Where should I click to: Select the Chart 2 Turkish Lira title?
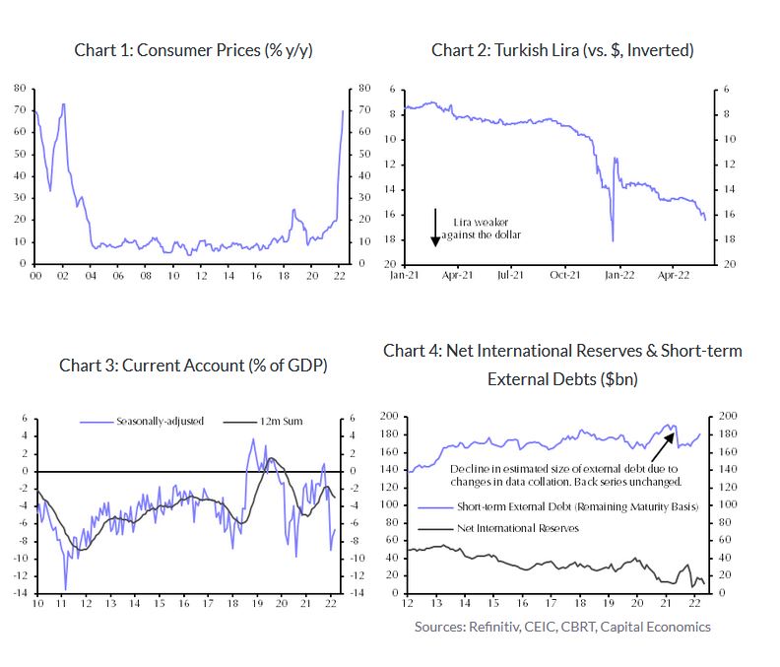[x=562, y=50]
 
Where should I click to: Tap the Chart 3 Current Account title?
[x=193, y=365]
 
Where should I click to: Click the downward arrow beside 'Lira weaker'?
[x=435, y=228]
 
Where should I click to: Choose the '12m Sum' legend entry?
[x=281, y=421]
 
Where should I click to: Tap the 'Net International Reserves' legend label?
[x=517, y=528]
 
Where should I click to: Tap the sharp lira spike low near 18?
[x=613, y=239]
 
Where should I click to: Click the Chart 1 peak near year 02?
[x=63, y=104]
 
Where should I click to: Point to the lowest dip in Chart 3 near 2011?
[x=66, y=589]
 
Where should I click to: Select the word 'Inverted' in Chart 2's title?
[x=661, y=50]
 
